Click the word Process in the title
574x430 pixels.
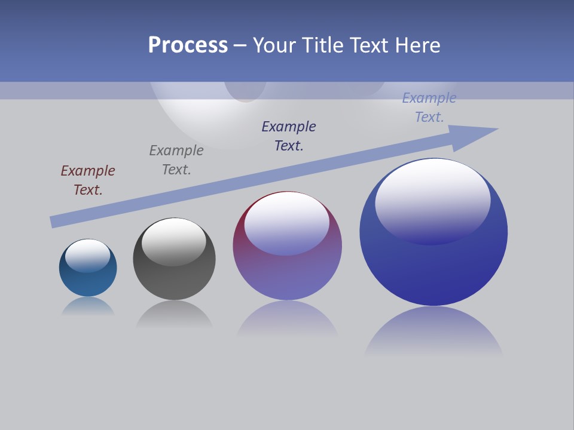point(188,45)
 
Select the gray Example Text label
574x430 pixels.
point(176,160)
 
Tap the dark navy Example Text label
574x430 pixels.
point(289,136)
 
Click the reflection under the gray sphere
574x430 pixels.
point(174,314)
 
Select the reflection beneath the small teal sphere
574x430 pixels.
point(88,306)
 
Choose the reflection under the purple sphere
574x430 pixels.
point(287,320)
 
